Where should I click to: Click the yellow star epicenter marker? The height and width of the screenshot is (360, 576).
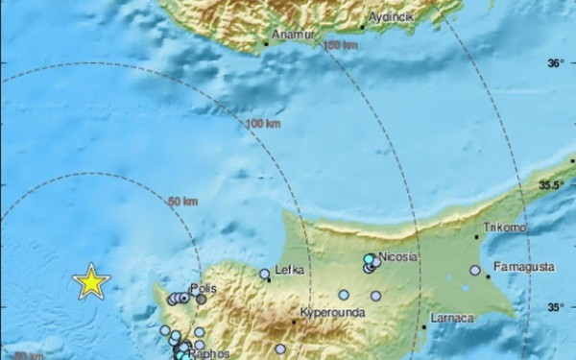[91, 281]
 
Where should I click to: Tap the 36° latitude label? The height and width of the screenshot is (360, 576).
[555, 64]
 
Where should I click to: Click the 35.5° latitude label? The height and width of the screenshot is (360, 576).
[550, 185]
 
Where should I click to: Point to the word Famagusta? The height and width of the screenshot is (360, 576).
[523, 265]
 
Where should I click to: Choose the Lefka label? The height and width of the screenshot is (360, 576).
[289, 271]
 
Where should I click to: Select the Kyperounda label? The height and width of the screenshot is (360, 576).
[327, 313]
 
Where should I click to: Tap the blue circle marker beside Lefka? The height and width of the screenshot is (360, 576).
[265, 274]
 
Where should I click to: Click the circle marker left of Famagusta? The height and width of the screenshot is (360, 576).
[475, 271]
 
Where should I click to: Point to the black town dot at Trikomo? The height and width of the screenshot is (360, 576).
[477, 236]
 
